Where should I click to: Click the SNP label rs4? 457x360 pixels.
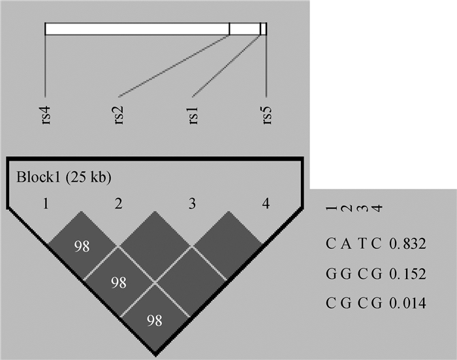45,112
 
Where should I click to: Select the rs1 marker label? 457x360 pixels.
193,112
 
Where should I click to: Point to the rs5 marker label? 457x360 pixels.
266,112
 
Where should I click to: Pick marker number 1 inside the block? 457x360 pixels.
45,204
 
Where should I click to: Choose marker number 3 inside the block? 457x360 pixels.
192,204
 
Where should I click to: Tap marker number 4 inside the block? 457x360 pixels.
265,204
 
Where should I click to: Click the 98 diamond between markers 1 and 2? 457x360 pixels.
82,246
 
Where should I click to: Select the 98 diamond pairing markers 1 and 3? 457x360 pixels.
118,283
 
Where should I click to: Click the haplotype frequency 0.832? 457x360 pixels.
408,244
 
